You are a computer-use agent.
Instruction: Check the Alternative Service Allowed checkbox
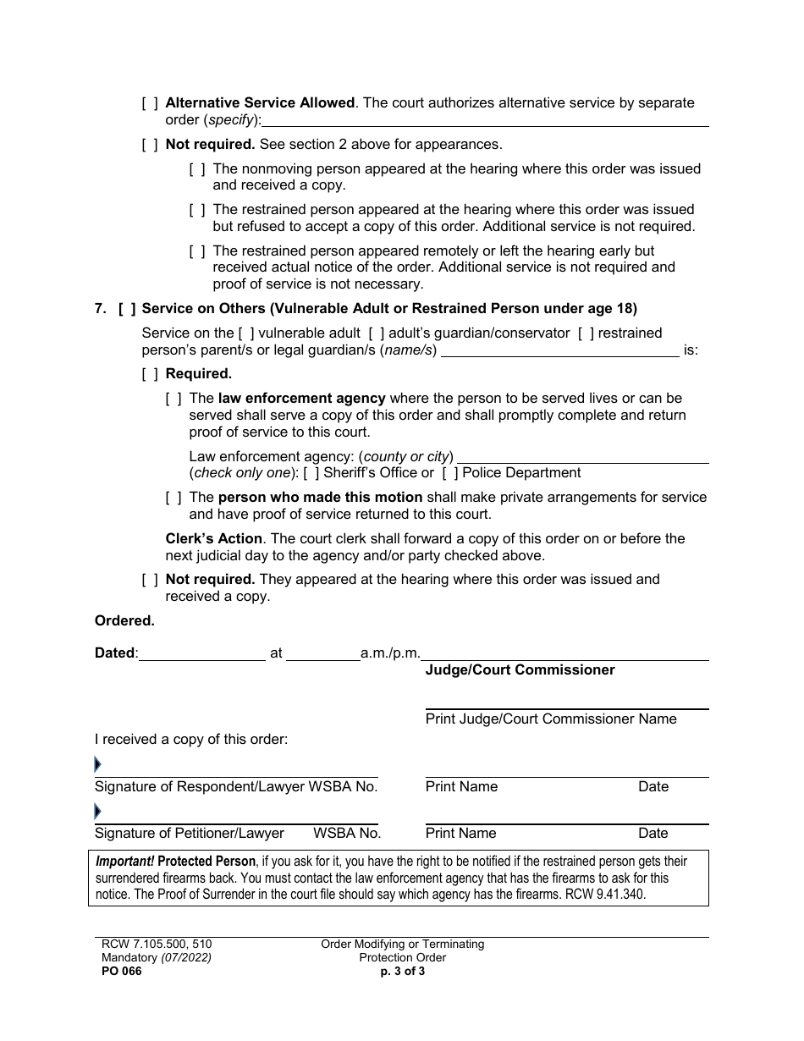click(150, 103)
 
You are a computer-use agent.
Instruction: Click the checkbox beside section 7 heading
click(127, 309)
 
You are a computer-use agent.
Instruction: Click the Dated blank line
click(201, 653)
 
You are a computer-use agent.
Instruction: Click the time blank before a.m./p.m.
click(322, 653)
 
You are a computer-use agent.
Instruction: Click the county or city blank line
click(582, 457)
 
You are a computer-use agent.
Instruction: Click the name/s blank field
click(560, 350)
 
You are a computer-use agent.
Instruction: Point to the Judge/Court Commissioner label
click(520, 670)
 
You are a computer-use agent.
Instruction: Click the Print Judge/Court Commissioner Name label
click(551, 719)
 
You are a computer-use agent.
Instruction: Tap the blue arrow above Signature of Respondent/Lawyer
click(97, 765)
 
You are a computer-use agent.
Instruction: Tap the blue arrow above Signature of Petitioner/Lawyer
click(97, 812)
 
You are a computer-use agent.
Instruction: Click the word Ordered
click(124, 621)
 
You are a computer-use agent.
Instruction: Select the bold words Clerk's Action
click(213, 539)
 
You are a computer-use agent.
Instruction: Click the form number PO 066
click(118, 972)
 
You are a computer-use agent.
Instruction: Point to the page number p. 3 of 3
click(402, 972)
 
